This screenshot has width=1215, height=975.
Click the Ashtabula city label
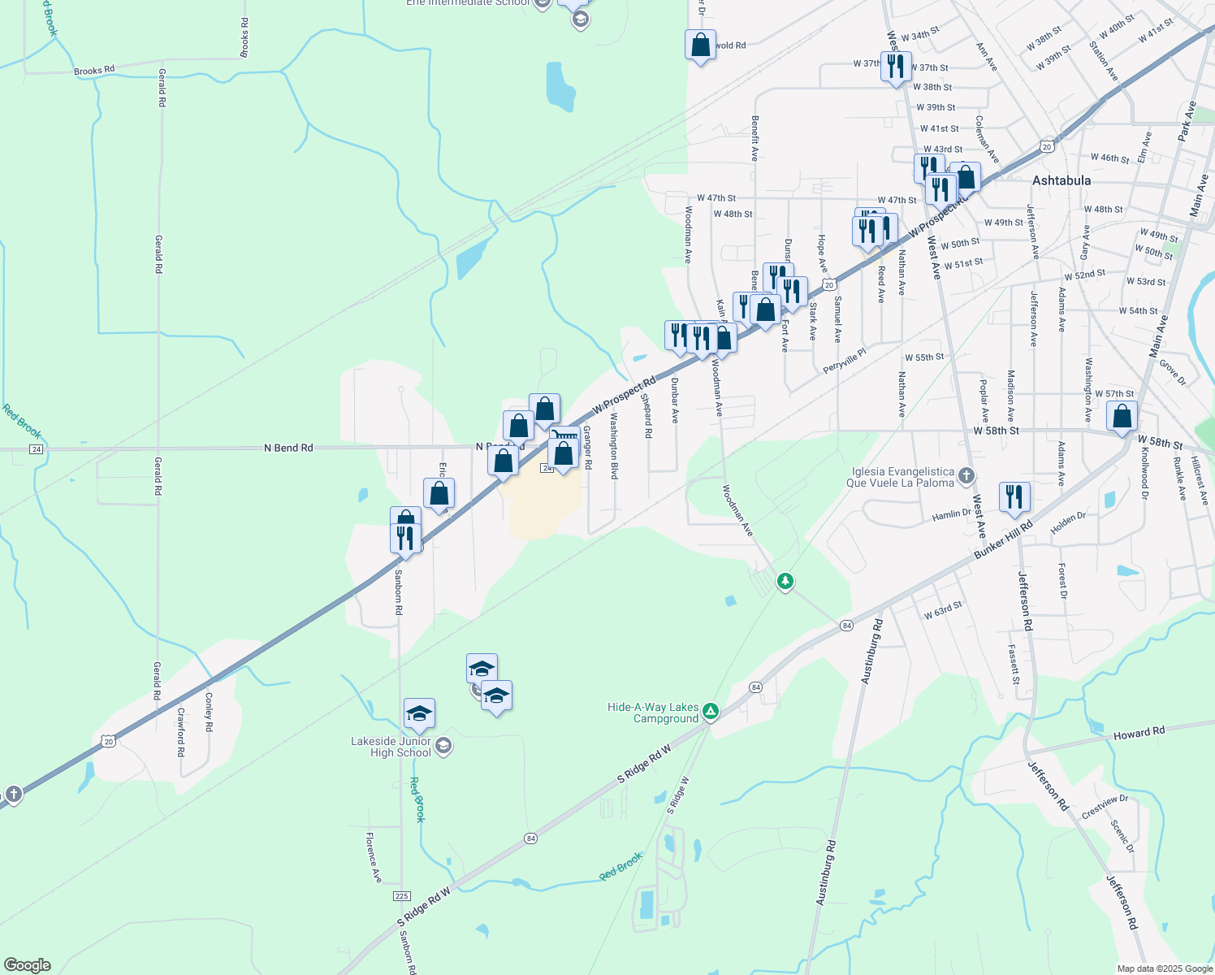coord(1062,180)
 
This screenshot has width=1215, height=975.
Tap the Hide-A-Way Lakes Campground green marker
coord(711,712)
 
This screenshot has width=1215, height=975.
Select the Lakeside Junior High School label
coord(391,747)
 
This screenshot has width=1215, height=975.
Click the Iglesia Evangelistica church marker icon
coord(966,475)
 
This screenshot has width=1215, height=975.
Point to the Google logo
coord(27,965)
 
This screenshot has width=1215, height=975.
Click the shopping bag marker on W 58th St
coord(1122,417)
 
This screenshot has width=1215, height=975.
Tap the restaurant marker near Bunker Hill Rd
coord(1014,496)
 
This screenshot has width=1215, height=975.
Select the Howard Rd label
coord(1139,733)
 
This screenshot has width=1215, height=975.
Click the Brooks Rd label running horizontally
coord(94,71)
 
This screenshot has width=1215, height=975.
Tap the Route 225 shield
coord(401,895)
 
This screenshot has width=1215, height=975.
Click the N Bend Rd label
coord(288,448)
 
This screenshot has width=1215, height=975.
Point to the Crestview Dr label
coord(1105,806)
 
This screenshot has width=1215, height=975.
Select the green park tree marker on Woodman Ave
coord(785,581)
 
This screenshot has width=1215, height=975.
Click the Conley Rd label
coord(209,711)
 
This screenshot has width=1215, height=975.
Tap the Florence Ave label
coord(374,858)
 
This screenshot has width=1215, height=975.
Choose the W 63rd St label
coord(943,610)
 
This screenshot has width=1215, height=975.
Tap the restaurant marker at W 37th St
coord(895,66)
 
